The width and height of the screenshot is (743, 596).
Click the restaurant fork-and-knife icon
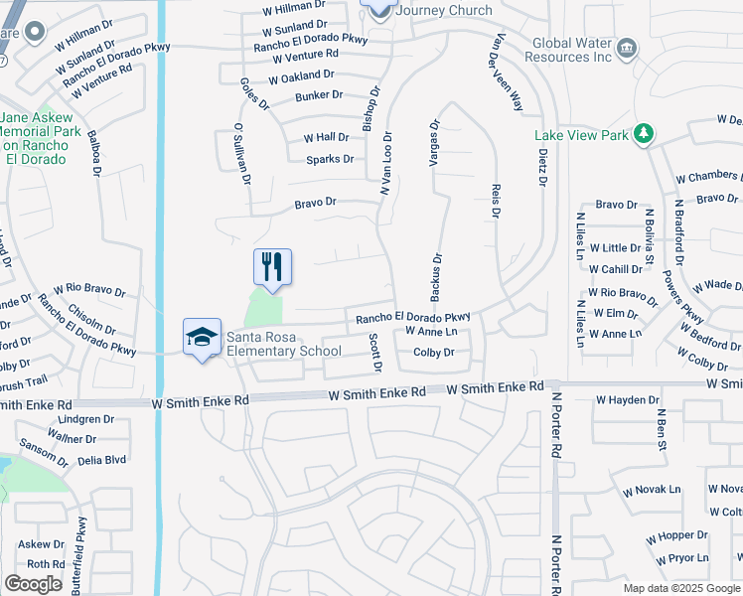coord(272,266)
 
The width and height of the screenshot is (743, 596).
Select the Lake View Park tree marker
coord(643,133)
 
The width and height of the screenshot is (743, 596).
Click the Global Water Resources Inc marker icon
coord(627,48)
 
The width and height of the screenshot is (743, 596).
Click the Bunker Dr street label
coord(319,95)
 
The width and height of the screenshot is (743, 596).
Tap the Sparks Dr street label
coord(330,159)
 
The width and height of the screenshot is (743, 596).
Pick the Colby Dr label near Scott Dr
coord(433,353)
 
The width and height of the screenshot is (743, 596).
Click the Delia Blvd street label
coord(101,460)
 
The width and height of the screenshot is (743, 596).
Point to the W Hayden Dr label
coord(628,400)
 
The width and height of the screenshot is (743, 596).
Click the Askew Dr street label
coord(41,544)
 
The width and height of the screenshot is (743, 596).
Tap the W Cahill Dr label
coord(615,269)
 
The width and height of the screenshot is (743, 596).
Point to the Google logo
coord(33,584)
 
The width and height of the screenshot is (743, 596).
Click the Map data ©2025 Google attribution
coord(680,588)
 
